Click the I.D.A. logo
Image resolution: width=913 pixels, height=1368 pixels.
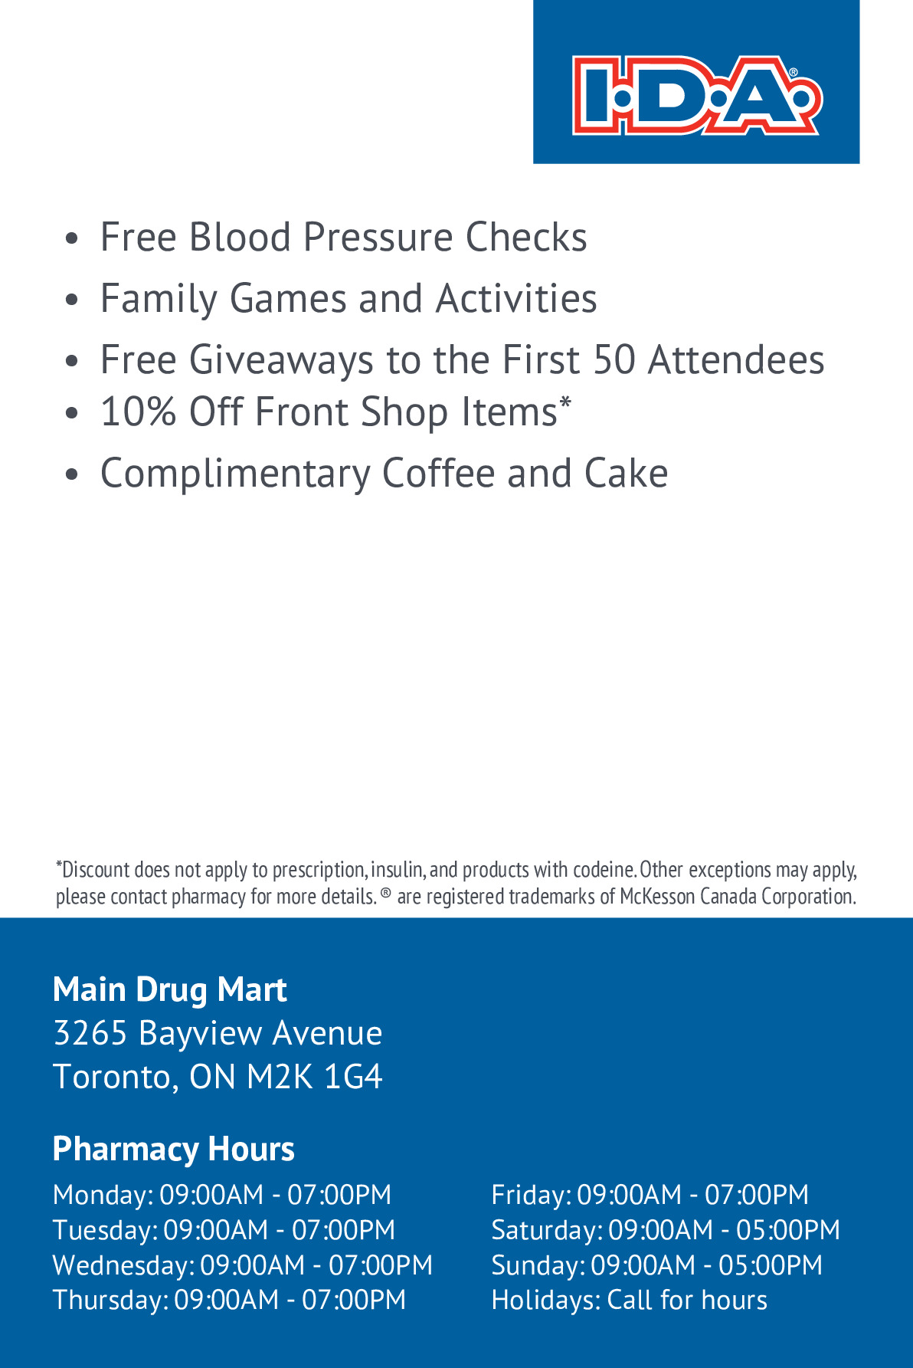pos(696,95)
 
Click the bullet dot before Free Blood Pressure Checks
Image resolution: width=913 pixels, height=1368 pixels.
pos(72,238)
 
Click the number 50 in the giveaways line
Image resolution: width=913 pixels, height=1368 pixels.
pos(614,360)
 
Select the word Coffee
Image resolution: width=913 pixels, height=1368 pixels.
pos(438,474)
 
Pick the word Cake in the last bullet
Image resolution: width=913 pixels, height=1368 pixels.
pos(626,474)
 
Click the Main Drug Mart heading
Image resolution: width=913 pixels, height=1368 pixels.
pos(169,989)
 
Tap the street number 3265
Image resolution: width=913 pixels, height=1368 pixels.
pos(90,1033)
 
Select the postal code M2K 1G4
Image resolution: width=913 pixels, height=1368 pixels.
pos(315,1077)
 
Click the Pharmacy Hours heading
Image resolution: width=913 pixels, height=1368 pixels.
pos(173,1149)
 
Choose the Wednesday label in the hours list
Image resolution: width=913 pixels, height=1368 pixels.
pos(123,1265)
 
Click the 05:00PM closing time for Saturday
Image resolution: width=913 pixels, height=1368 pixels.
pos(787,1230)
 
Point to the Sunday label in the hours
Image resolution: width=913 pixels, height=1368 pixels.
pos(537,1265)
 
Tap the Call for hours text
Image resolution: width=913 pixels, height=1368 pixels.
pos(687,1301)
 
